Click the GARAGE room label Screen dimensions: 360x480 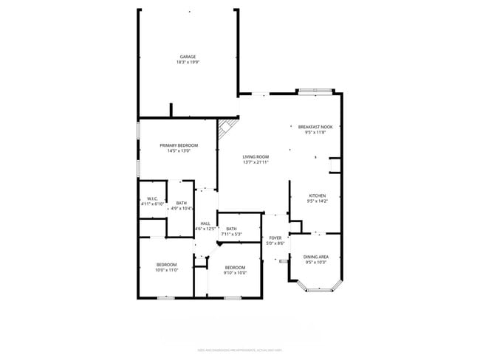[x=188, y=57]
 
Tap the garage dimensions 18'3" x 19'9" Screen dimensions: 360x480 [x=188, y=63]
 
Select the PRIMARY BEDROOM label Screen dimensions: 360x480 [x=179, y=145]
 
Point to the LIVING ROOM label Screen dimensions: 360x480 [x=256, y=156]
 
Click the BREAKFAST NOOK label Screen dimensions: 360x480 [x=315, y=127]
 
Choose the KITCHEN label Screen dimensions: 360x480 [x=317, y=195]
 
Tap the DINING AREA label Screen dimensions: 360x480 [x=316, y=256]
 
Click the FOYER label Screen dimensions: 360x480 [x=275, y=238]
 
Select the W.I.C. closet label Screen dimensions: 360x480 [x=152, y=198]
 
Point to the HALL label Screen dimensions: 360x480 [x=205, y=224]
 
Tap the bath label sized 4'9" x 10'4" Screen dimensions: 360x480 [x=181, y=203]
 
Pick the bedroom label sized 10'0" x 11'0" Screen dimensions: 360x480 [x=166, y=264]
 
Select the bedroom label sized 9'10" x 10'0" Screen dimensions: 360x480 [x=235, y=267]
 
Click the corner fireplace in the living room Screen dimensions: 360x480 [x=224, y=129]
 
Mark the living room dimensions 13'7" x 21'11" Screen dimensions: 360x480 [x=256, y=162]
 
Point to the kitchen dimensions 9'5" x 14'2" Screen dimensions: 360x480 [x=317, y=201]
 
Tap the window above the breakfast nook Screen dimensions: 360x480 [x=315, y=91]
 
